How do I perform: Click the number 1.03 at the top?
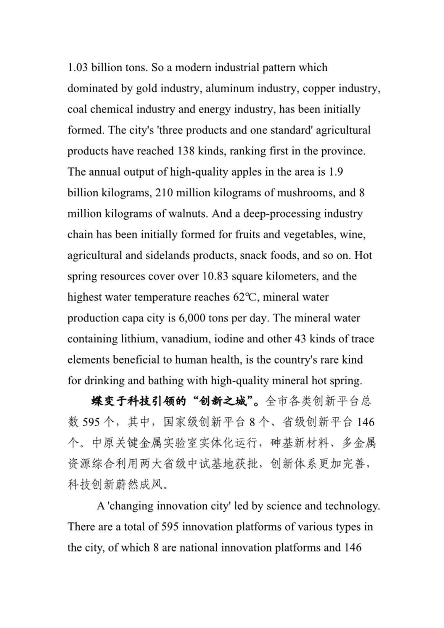[x=78, y=68]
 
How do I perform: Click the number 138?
[x=186, y=151]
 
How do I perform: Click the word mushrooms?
[x=305, y=193]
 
